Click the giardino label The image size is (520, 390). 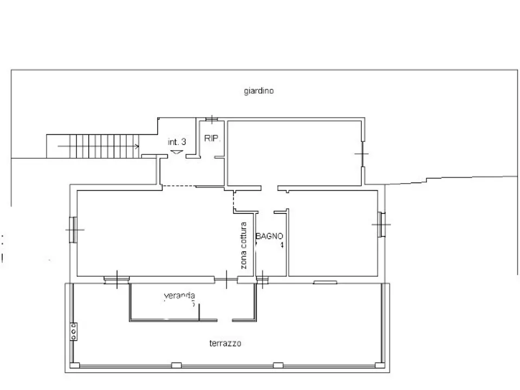pyautogui.click(x=259, y=91)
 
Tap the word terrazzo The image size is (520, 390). pyautogui.click(x=225, y=343)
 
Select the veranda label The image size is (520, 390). pyautogui.click(x=179, y=296)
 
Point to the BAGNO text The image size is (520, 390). pyautogui.click(x=269, y=236)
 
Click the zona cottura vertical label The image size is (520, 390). pyautogui.click(x=243, y=245)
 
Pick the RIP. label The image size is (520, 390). pyautogui.click(x=212, y=138)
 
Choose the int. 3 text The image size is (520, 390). pyautogui.click(x=177, y=142)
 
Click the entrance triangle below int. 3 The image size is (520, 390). pyautogui.click(x=177, y=152)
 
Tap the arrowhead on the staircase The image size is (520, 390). pyautogui.click(x=136, y=146)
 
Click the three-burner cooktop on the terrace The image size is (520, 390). pyautogui.click(x=74, y=331)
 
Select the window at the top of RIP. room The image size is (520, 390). pyautogui.click(x=211, y=119)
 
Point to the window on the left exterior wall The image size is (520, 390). pyautogui.click(x=73, y=230)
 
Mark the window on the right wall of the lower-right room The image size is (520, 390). pyautogui.click(x=381, y=224)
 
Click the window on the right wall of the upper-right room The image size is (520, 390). pyautogui.click(x=362, y=154)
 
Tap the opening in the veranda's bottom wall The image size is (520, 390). pyautogui.click(x=224, y=320)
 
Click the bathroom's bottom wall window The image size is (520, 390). pyautogui.click(x=262, y=279)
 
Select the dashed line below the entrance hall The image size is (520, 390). pyautogui.click(x=179, y=186)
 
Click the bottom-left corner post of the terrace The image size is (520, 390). pyautogui.click(x=75, y=366)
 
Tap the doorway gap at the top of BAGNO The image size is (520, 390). pyautogui.click(x=266, y=212)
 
